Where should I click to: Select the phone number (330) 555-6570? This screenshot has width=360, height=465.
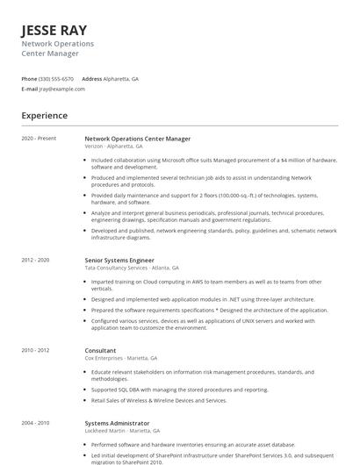57,79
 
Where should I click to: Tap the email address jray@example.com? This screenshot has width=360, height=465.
62,89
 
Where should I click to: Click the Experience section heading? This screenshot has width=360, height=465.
45,116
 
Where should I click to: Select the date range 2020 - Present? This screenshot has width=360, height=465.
39,139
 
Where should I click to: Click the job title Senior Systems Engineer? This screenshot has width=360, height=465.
119,261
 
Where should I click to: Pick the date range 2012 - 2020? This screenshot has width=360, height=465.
36,261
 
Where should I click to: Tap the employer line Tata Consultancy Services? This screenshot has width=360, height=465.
132,268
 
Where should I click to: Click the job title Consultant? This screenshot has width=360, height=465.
100,351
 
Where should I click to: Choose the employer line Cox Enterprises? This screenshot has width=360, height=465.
121,358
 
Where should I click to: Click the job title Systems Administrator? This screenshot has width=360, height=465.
116,424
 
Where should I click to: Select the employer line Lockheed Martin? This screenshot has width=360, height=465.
122,431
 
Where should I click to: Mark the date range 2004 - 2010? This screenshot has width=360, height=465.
36,424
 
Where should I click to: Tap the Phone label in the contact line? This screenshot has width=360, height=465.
29,79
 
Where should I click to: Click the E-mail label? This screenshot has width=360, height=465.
30,89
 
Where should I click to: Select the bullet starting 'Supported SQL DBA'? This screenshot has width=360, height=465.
180,390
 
